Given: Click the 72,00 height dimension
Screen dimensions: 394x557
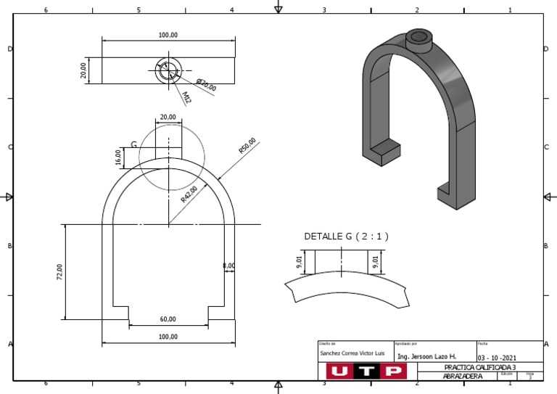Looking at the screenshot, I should click(x=60, y=271).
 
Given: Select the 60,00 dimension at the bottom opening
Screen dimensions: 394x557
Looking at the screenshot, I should click(x=168, y=319).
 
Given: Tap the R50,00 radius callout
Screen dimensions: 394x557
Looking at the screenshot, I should click(x=247, y=146).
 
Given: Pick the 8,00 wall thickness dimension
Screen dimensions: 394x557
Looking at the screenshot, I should click(x=228, y=266).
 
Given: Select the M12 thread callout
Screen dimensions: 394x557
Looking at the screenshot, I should click(x=186, y=97).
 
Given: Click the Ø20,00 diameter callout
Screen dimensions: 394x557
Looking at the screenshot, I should click(x=206, y=84).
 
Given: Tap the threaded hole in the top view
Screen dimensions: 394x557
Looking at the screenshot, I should click(x=168, y=71).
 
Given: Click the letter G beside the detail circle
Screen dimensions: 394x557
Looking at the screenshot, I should click(x=133, y=145).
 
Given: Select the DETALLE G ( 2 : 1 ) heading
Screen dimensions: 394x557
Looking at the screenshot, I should click(x=346, y=236).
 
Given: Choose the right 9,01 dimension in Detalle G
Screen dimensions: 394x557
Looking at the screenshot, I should click(x=376, y=261).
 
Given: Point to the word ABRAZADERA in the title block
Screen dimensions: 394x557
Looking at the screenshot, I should click(x=463, y=376).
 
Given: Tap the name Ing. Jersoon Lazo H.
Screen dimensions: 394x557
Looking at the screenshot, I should click(x=427, y=356).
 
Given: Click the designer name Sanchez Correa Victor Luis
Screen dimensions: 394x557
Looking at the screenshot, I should click(x=350, y=352).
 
